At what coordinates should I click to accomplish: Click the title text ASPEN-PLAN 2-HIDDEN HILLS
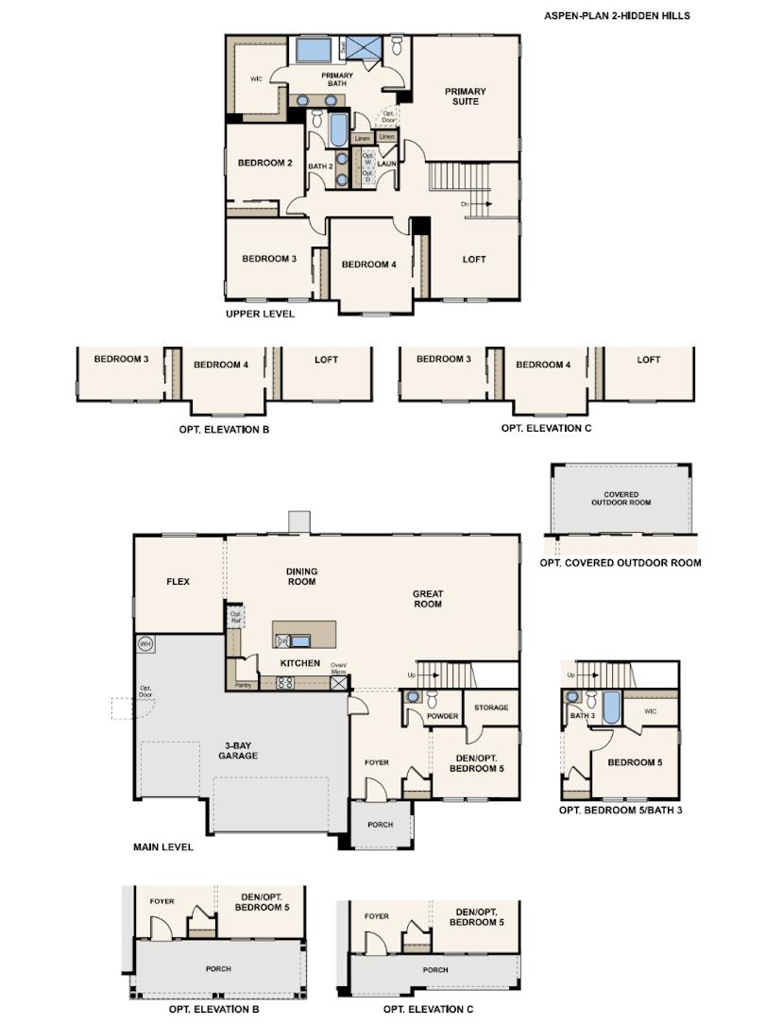[x=617, y=16]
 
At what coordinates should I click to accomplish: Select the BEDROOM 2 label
[x=264, y=163]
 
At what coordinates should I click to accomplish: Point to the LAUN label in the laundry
[x=386, y=164]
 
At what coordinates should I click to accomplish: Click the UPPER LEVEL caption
[x=260, y=314]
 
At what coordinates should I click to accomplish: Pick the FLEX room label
[x=178, y=582]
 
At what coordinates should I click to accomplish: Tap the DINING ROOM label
[x=301, y=576]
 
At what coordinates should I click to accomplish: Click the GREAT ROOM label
[x=427, y=599]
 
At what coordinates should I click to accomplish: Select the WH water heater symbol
[x=145, y=644]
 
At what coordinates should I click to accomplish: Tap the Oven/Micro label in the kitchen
[x=338, y=670]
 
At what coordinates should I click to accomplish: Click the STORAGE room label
[x=491, y=708]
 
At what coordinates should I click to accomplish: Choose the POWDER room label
[x=442, y=716]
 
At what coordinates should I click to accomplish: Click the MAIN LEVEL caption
[x=163, y=847]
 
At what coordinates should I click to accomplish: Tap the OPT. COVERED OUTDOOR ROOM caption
[x=620, y=563]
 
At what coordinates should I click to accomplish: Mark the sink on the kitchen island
[x=299, y=640]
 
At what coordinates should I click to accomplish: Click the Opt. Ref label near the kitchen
[x=236, y=618]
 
